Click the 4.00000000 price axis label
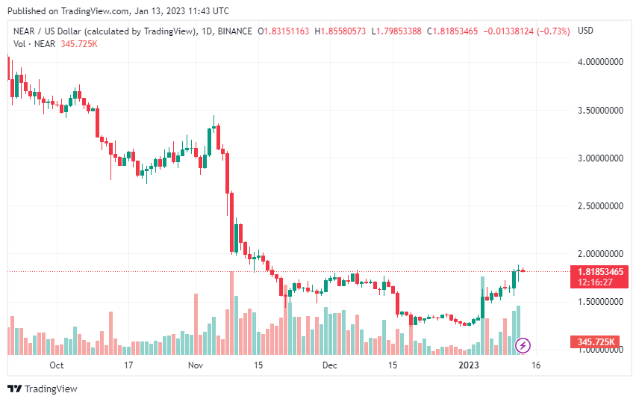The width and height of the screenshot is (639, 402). click(602, 62)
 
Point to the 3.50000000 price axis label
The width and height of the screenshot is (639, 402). click(602, 110)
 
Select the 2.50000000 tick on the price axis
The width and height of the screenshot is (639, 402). click(602, 205)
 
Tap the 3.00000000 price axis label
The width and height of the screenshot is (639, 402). click(602, 158)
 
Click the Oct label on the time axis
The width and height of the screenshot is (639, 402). click(57, 365)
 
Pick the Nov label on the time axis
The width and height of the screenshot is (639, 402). click(196, 365)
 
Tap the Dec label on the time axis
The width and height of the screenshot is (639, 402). click(329, 365)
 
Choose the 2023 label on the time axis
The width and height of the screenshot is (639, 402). click(468, 365)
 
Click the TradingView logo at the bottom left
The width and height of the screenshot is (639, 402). click(43, 389)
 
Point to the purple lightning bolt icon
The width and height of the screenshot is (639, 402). click(523, 345)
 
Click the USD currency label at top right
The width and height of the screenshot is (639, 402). click(586, 31)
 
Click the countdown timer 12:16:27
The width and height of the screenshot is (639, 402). click(595, 282)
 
